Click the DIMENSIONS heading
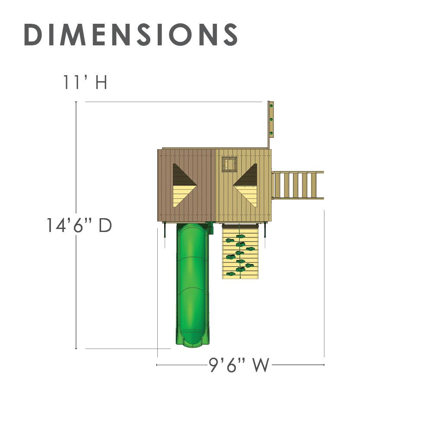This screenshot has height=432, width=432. click(x=131, y=35)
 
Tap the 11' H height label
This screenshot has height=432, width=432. click(x=85, y=82)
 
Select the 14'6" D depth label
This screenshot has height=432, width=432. click(x=79, y=225)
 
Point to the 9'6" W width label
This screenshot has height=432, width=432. click(x=238, y=365)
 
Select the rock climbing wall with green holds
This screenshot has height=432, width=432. click(x=240, y=251)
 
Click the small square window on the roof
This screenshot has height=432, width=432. click(x=229, y=165)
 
